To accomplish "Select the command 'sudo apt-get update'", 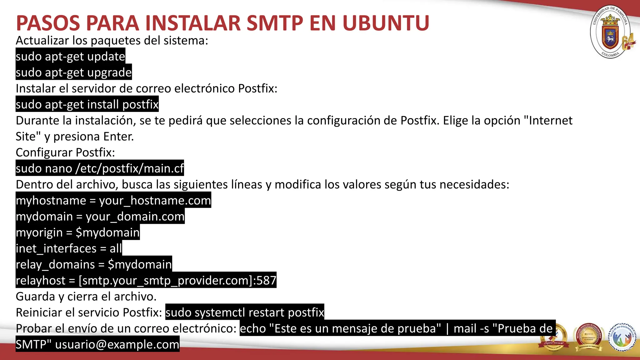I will tap(70, 57).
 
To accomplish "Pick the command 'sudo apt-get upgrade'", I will tap(74, 72).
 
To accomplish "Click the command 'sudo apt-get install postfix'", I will tap(87, 104).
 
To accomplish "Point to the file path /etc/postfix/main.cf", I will tap(130, 168).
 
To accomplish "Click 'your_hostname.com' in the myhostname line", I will tap(155, 201).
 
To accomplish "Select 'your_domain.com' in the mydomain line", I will tap(135, 217).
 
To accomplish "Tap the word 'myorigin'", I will tap(39, 233).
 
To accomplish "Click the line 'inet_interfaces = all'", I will tap(69, 249).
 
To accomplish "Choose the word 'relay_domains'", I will tap(55, 265).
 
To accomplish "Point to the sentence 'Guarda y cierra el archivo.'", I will tap(86, 297).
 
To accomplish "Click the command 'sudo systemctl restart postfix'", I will tap(245, 312).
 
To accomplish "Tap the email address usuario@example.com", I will tap(117, 344).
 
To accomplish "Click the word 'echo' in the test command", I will tap(253, 328).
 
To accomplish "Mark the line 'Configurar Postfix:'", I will tap(65, 152).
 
